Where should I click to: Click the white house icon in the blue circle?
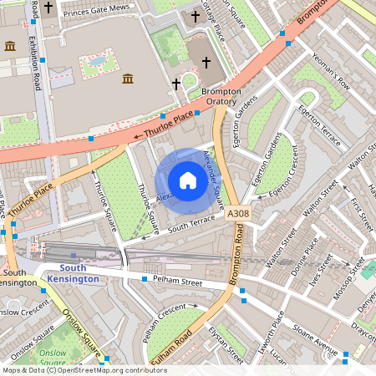click(x=188, y=180)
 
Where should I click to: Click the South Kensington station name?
click(x=74, y=273)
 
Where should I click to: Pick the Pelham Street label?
click(x=178, y=282)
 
